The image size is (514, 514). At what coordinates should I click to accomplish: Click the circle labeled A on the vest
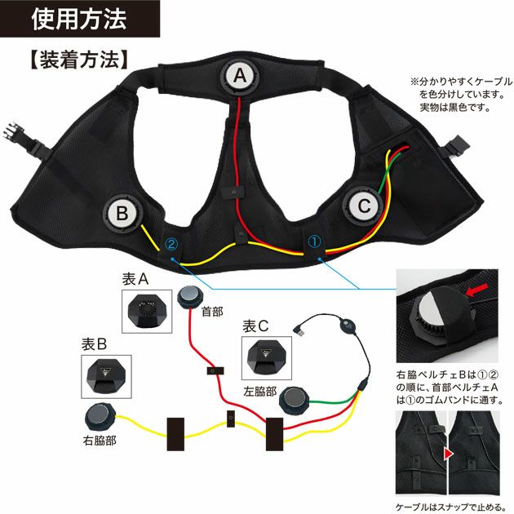(239, 76)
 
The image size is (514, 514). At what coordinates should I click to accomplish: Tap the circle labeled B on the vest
(122, 214)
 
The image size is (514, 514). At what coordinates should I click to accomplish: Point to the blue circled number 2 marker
(171, 243)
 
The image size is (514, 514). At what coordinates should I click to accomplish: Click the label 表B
(96, 345)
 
